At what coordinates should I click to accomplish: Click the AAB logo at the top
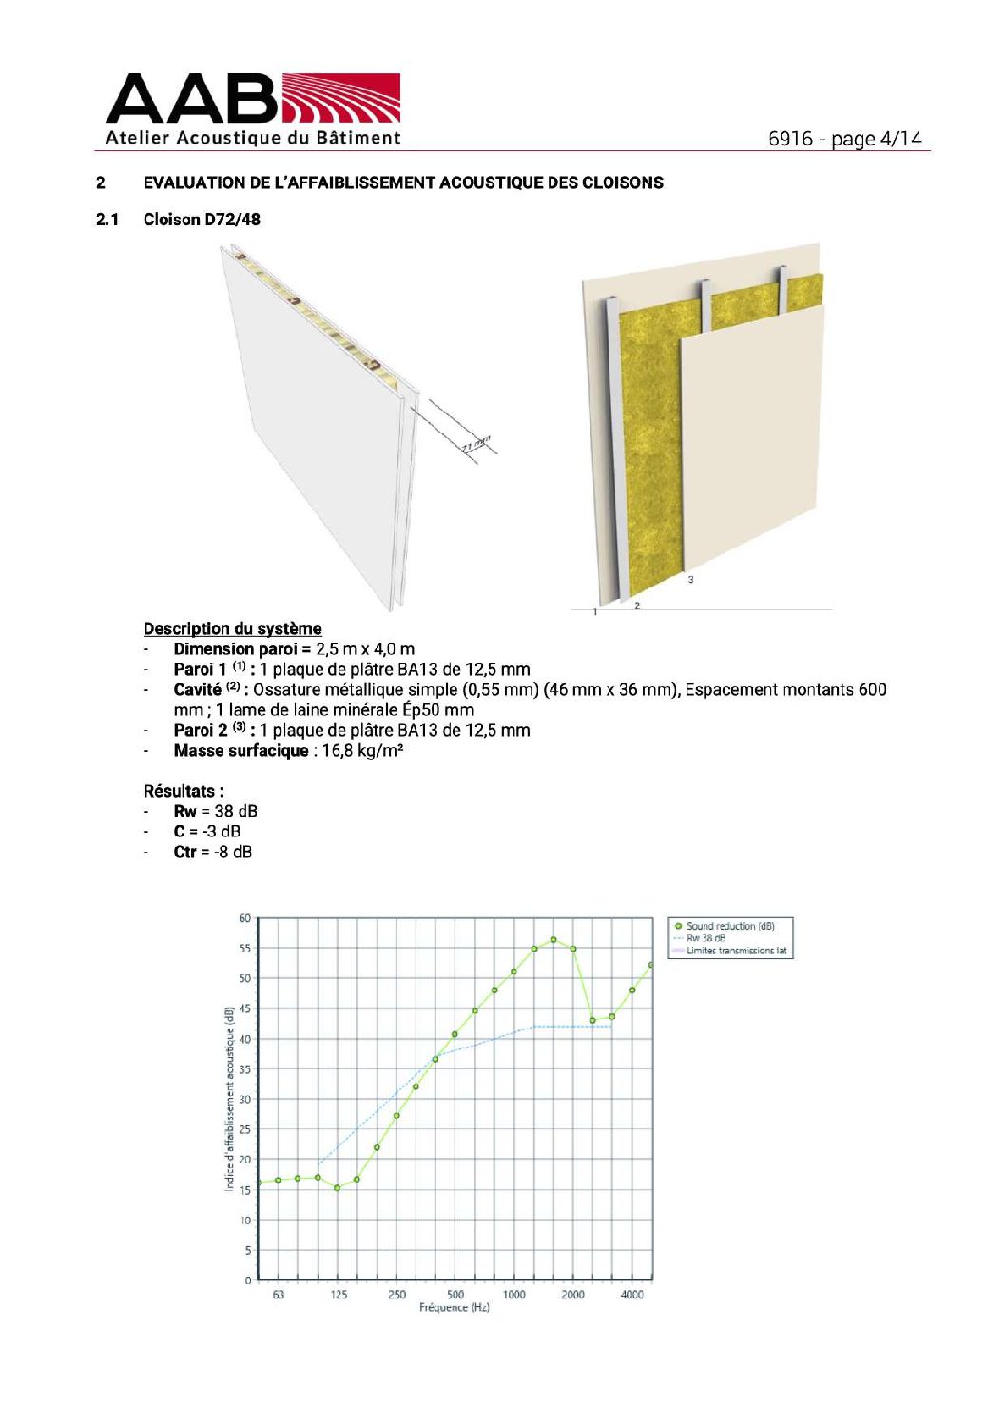point(253,109)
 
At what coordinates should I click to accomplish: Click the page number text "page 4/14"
point(876,139)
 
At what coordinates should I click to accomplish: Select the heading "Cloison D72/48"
point(202,220)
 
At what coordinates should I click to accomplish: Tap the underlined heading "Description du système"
point(232,628)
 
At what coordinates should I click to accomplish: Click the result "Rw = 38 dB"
point(215,811)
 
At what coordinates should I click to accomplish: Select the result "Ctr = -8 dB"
point(212,852)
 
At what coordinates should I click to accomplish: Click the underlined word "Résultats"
point(182,791)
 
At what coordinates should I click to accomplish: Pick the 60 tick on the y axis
point(244,918)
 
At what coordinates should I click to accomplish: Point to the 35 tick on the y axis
point(244,1069)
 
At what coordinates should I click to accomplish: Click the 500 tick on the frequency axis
point(455,1295)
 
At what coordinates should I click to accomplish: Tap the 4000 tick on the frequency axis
point(632,1295)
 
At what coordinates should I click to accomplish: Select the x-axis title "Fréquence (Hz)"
point(455,1308)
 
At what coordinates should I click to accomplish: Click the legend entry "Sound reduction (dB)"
point(730,926)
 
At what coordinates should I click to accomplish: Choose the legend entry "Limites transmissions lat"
point(736,951)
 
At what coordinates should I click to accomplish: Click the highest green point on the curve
point(553,940)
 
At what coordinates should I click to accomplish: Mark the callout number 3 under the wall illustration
point(690,579)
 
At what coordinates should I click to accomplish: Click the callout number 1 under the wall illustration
point(595,612)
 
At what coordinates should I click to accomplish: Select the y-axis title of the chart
point(230,1099)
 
